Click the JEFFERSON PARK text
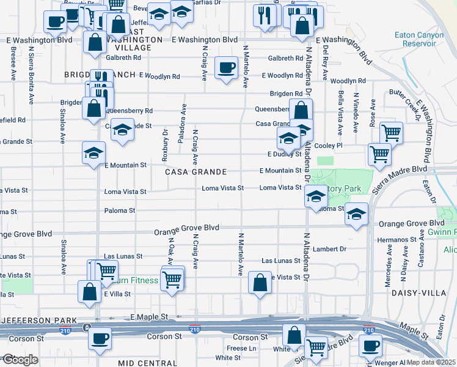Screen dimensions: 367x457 39,320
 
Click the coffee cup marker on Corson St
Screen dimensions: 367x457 100,338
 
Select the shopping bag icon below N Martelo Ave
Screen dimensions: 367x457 260,283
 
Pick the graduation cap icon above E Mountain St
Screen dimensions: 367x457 94,153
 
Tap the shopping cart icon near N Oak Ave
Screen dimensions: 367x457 172,279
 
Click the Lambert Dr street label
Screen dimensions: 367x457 329,249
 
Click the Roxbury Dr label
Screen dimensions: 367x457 165,145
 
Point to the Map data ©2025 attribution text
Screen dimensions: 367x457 431,362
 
